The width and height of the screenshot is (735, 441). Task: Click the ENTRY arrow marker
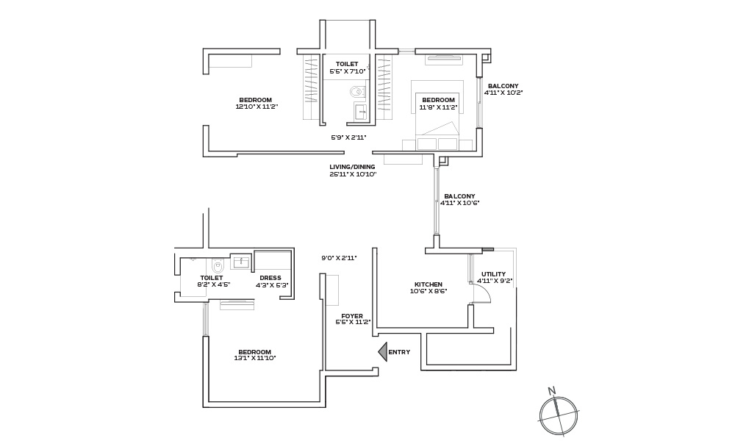tap(383, 352)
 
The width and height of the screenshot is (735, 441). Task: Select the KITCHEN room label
tap(429, 284)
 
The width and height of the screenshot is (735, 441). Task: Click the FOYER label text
tap(352, 316)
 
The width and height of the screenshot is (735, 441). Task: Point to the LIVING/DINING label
tap(352, 167)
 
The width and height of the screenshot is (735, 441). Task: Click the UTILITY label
tap(494, 274)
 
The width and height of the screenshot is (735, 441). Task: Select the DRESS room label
tap(270, 278)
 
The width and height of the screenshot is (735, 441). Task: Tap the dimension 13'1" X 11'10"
tap(255, 358)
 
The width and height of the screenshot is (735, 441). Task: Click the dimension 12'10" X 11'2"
tap(257, 107)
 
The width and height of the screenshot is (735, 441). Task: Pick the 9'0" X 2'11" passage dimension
tap(340, 258)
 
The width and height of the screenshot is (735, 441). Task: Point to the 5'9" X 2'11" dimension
tap(348, 137)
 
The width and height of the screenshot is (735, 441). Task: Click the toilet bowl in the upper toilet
tap(359, 91)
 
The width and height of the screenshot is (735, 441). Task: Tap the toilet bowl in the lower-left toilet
tap(218, 266)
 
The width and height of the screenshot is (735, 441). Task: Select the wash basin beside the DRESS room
tap(241, 262)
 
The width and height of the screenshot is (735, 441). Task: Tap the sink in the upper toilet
tap(360, 112)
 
